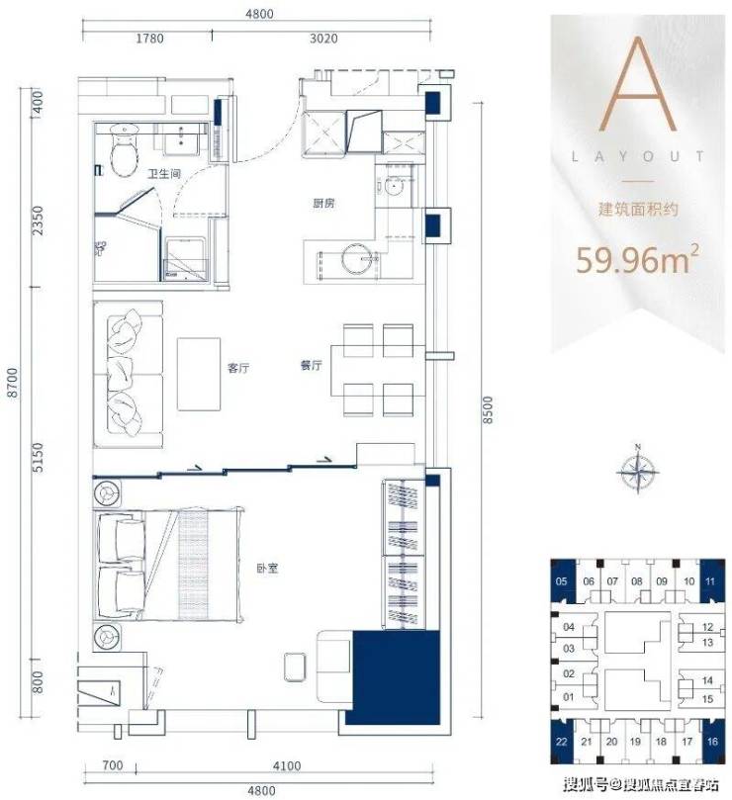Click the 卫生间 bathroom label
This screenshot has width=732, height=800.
click(x=164, y=174)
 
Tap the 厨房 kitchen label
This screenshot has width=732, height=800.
click(x=323, y=203)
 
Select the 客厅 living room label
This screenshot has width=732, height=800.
click(x=238, y=367)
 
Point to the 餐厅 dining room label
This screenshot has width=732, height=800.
click(x=311, y=365)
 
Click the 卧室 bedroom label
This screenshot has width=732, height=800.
click(x=267, y=568)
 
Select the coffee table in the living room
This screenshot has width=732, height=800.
click(x=199, y=374)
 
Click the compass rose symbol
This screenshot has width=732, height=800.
click(x=638, y=471)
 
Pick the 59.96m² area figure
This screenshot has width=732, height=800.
click(x=637, y=259)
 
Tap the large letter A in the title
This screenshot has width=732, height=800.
click(x=638, y=84)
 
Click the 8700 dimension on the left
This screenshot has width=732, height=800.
click(x=13, y=382)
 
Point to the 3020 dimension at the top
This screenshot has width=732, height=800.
click(x=323, y=39)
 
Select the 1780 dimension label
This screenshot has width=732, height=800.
click(x=149, y=39)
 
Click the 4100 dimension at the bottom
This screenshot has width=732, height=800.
click(x=287, y=765)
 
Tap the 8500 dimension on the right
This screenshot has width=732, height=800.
click(x=489, y=409)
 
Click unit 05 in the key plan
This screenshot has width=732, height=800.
click(x=563, y=581)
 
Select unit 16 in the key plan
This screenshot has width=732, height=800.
click(x=713, y=741)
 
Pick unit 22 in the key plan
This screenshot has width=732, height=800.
click(x=562, y=741)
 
